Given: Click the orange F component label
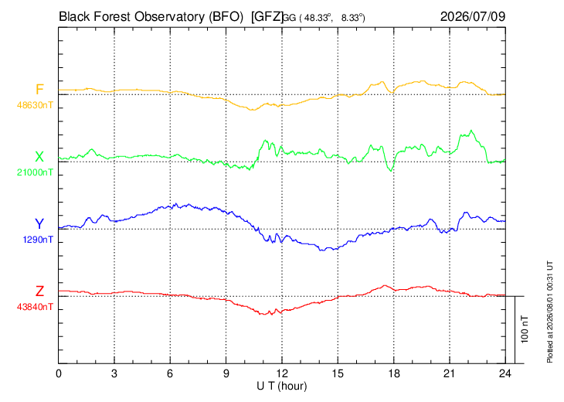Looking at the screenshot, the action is pos(39,89).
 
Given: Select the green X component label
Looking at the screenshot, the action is pos(39,157).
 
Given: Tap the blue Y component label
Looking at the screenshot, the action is pos(39,224).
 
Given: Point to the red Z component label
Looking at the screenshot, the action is pos(39,291).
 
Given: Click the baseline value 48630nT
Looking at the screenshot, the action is pos(35,105).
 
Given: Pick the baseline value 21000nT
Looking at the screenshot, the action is pos(35,172).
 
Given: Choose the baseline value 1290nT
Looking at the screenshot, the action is pos(38,240).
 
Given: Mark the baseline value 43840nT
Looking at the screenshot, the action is pos(35,307).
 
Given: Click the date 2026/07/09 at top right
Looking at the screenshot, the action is pos(473,16).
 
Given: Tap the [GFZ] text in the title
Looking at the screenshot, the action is pos(267,17).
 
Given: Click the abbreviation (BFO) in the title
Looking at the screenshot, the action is pos(226,17).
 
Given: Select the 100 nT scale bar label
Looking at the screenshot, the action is pos(525,329).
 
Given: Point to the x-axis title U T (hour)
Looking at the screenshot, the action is pos(282,387).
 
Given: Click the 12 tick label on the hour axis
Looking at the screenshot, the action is pos(282,373).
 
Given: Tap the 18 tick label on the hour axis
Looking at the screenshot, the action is pos(394,373).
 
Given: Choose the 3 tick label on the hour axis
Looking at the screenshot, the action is pos(114,373).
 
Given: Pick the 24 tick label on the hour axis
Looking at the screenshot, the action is pos(505,373).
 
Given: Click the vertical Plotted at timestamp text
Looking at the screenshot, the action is pos(549,312).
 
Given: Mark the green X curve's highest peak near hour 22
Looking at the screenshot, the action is pos(471,131).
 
